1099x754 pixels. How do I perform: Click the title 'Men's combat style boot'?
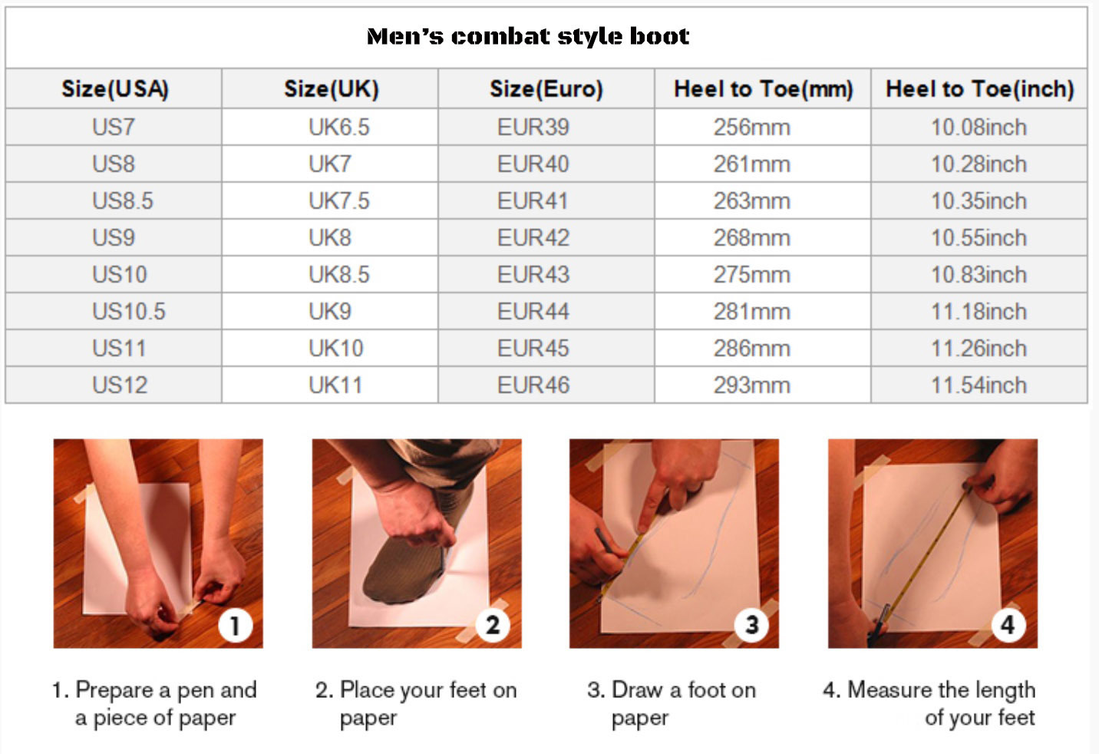(x=528, y=36)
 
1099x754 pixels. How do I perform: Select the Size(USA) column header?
(x=115, y=89)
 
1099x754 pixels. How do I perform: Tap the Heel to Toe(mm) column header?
(x=763, y=89)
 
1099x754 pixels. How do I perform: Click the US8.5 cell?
(x=123, y=201)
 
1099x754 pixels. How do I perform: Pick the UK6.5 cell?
(x=338, y=127)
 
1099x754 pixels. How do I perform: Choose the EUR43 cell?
(x=533, y=275)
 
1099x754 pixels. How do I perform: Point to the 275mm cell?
(x=751, y=275)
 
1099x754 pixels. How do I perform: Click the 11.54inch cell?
(x=979, y=385)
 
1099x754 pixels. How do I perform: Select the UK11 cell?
(x=335, y=385)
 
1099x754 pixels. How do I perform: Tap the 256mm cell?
(x=751, y=127)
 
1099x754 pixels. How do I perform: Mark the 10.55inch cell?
(x=979, y=238)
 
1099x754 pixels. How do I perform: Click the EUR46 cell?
(x=533, y=385)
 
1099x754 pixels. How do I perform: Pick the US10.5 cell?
(x=128, y=312)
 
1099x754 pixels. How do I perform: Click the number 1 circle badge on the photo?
(x=235, y=625)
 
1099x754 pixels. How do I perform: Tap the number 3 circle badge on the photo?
(x=751, y=625)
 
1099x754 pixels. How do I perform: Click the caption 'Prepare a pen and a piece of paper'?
(x=155, y=703)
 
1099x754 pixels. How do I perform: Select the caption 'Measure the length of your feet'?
(x=930, y=703)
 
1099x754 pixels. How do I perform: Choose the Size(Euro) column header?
(x=546, y=89)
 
